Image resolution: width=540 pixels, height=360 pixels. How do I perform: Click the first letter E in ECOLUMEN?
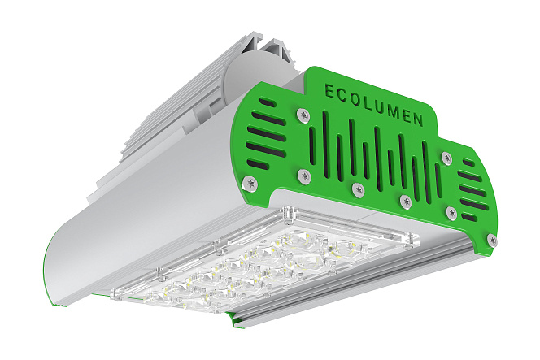tap(329, 91)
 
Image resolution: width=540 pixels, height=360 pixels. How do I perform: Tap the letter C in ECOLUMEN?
tap(342, 95)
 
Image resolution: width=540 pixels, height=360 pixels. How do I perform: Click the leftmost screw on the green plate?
tap(250, 183)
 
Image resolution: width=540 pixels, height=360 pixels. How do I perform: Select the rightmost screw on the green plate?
tap(492, 240)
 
